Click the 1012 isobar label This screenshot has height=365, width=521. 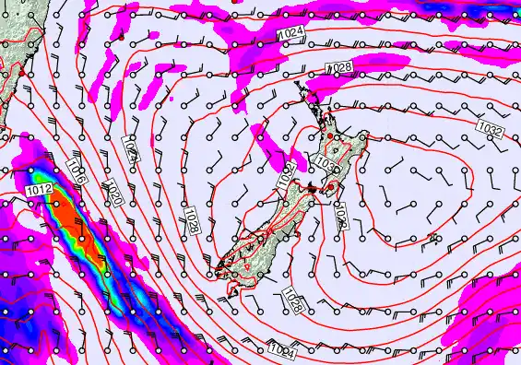[40, 190]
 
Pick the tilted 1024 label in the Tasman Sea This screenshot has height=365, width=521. [130, 150]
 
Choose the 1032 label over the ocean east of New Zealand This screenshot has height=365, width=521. [490, 128]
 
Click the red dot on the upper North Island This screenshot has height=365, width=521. [330, 135]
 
